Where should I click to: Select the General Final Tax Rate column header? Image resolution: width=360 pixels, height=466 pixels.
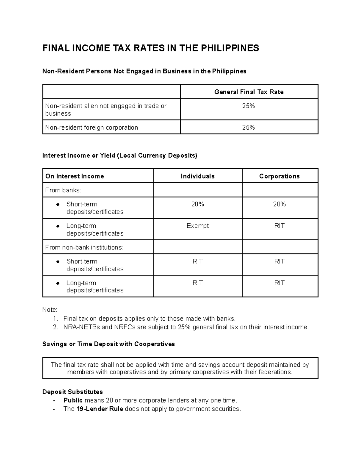[249, 92]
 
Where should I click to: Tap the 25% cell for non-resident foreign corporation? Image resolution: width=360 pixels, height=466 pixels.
[249, 128]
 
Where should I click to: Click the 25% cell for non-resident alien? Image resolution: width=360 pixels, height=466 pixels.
[249, 106]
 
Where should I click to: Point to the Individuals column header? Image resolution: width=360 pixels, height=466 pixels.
[197, 176]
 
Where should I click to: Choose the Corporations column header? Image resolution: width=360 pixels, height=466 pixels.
[279, 176]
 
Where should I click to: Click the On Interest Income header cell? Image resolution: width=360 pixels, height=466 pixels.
[75, 176]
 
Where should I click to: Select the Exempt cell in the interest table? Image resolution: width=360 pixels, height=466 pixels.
[197, 226]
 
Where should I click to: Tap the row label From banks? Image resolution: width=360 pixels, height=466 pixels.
[63, 190]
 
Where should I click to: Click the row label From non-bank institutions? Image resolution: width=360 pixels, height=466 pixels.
[84, 247]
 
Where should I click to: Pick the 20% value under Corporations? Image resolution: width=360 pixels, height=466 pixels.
[279, 204]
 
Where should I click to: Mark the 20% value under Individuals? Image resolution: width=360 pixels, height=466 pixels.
[197, 204]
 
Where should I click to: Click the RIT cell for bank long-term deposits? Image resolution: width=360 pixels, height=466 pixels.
[279, 226]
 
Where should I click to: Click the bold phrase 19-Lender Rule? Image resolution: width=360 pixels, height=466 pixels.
[100, 409]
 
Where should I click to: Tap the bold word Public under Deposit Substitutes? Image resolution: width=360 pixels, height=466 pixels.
[73, 400]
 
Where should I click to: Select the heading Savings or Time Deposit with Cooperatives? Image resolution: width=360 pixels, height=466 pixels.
[109, 344]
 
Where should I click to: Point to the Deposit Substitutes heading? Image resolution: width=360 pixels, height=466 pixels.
[73, 392]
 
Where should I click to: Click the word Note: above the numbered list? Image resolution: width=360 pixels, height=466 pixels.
[50, 310]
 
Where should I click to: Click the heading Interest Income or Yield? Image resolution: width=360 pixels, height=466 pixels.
[120, 155]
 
